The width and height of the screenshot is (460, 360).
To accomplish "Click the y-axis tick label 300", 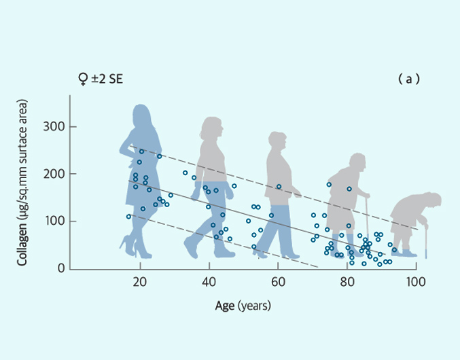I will click(x=54, y=127).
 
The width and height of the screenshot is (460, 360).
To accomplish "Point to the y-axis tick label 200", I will click(x=54, y=175).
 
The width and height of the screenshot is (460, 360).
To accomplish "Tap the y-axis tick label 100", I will click(x=54, y=221).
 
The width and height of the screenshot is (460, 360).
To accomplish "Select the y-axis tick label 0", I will click(x=60, y=269).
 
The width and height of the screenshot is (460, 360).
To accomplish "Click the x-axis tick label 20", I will click(x=140, y=283).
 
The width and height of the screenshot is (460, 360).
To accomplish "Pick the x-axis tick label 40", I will click(x=209, y=283).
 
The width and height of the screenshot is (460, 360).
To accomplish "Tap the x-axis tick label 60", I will click(x=278, y=283).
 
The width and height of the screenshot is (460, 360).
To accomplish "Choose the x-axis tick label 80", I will click(x=347, y=283).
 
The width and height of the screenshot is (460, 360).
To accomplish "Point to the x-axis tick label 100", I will click(x=415, y=283).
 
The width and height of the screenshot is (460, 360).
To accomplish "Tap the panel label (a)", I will click(x=408, y=79).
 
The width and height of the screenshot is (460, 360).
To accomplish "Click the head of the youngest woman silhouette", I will click(x=141, y=118).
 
